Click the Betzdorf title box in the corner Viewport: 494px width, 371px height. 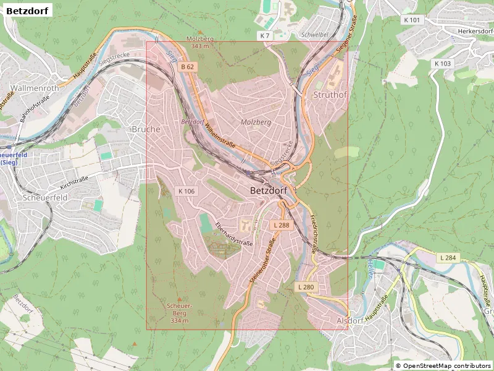point(28,10)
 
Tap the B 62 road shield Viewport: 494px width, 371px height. point(188,66)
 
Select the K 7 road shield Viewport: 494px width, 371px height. point(265,36)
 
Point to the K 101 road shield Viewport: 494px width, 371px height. point(411,20)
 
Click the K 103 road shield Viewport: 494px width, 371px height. point(442,64)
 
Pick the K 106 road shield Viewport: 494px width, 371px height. point(186,191)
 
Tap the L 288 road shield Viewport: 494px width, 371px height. point(281,225)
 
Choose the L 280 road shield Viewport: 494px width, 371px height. point(306,287)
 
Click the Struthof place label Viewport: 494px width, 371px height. point(330,95)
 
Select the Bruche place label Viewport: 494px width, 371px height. point(146,129)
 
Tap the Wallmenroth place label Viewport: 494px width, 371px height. point(35,88)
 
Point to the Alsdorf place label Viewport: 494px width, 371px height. point(351,321)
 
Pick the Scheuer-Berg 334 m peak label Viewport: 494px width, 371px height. point(180,313)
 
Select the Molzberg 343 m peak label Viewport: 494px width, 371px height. point(200,42)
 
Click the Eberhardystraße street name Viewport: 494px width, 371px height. point(234,234)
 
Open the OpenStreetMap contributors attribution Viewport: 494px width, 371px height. point(443,365)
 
